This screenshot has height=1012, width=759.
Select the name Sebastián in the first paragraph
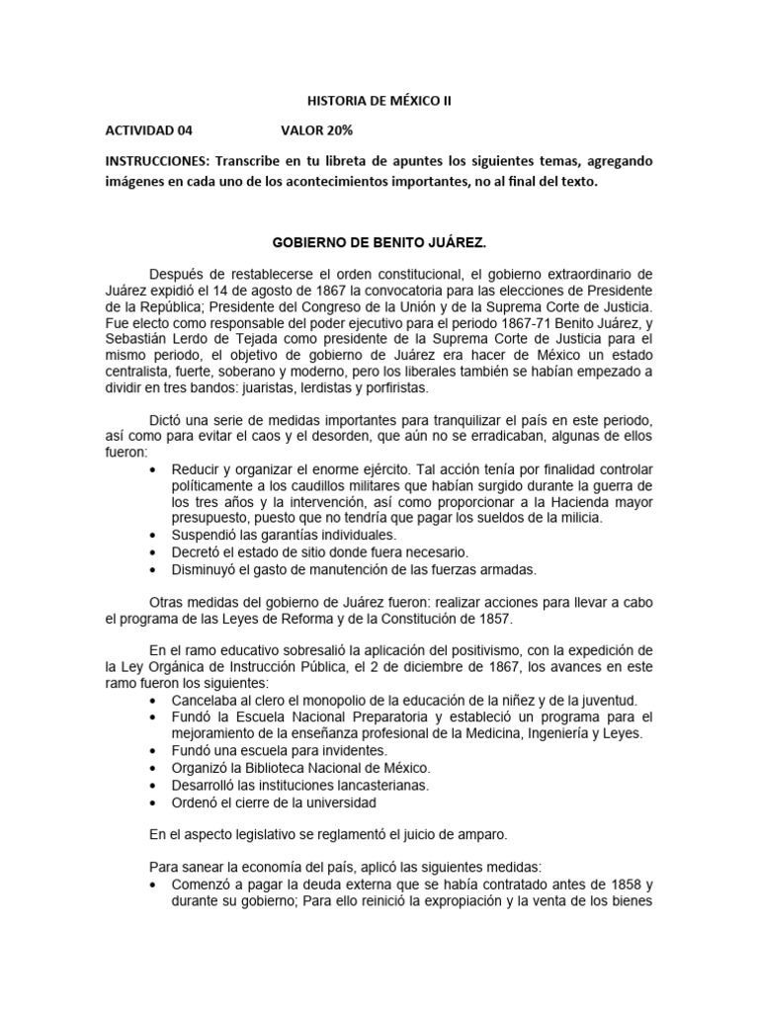(x=140, y=338)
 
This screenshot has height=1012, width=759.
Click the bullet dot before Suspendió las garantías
(x=150, y=535)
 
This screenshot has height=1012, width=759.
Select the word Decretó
(x=199, y=551)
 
